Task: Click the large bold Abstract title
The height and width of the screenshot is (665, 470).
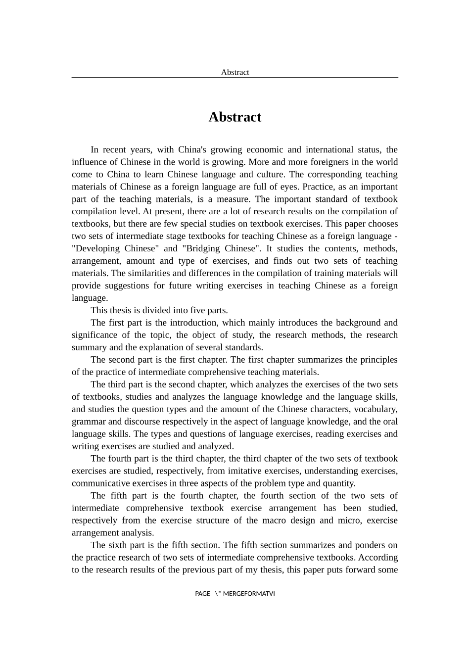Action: (x=235, y=117)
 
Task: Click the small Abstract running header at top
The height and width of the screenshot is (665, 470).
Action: (x=235, y=72)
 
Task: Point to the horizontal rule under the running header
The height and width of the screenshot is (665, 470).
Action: (x=235, y=78)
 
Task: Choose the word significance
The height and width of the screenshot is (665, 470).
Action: (x=94, y=335)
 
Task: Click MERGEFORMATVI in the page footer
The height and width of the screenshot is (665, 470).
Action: (x=249, y=594)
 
